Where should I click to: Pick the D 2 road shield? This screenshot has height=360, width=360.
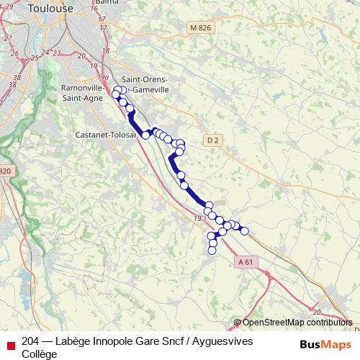210,139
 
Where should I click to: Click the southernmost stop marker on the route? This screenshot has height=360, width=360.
212,251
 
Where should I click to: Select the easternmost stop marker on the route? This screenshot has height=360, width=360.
244,231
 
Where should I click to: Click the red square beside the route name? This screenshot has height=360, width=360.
9,342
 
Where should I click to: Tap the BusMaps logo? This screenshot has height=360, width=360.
325,343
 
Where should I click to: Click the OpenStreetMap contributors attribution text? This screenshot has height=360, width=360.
297,323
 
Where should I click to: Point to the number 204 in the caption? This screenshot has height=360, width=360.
31,341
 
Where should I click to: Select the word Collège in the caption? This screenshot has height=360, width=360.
39,354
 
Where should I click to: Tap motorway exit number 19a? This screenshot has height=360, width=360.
103,76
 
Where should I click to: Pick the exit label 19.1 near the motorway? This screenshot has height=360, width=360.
199,217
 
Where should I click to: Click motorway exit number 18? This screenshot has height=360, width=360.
106,51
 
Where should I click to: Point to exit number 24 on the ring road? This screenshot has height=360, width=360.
45,53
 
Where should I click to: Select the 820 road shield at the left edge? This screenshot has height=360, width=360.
5,171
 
